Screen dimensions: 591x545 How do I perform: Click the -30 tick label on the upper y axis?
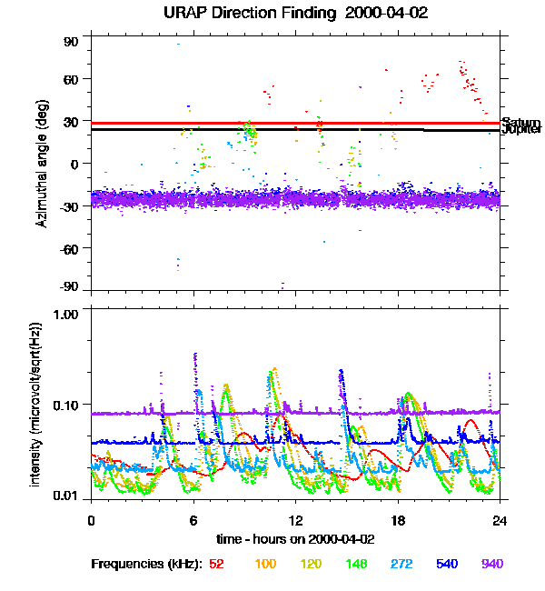[69, 205]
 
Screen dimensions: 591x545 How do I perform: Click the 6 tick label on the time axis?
[193, 520]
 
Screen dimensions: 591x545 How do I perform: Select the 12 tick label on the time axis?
[295, 520]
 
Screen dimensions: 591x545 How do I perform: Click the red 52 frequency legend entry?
[216, 565]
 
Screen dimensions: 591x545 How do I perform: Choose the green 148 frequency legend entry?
[355, 565]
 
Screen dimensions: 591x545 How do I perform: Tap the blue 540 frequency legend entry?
[447, 565]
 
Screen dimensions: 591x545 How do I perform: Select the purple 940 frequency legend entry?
[492, 565]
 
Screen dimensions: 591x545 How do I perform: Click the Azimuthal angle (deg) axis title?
[41, 163]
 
